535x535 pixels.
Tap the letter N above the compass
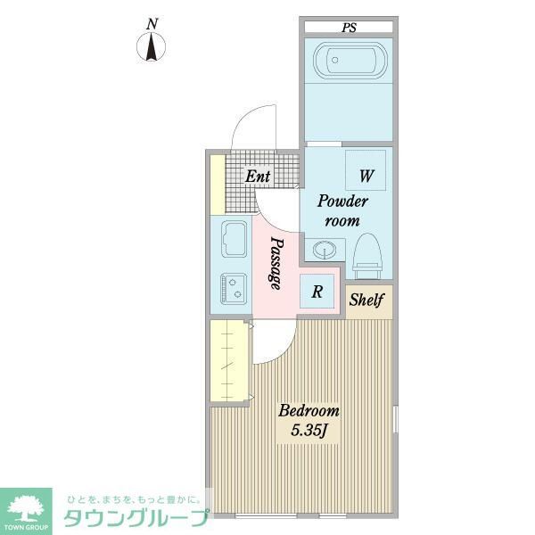pyautogui.click(x=152, y=23)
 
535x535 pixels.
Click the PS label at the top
pyautogui.click(x=348, y=28)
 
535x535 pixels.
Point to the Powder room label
pyautogui.click(x=340, y=210)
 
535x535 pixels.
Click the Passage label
pyautogui.click(x=276, y=263)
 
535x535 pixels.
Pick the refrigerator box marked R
pyautogui.click(x=317, y=290)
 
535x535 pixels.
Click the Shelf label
pyautogui.click(x=366, y=300)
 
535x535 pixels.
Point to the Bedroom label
pyautogui.click(x=309, y=411)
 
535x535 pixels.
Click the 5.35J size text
pyautogui.click(x=309, y=432)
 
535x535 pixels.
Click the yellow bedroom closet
pyautogui.click(x=229, y=361)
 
